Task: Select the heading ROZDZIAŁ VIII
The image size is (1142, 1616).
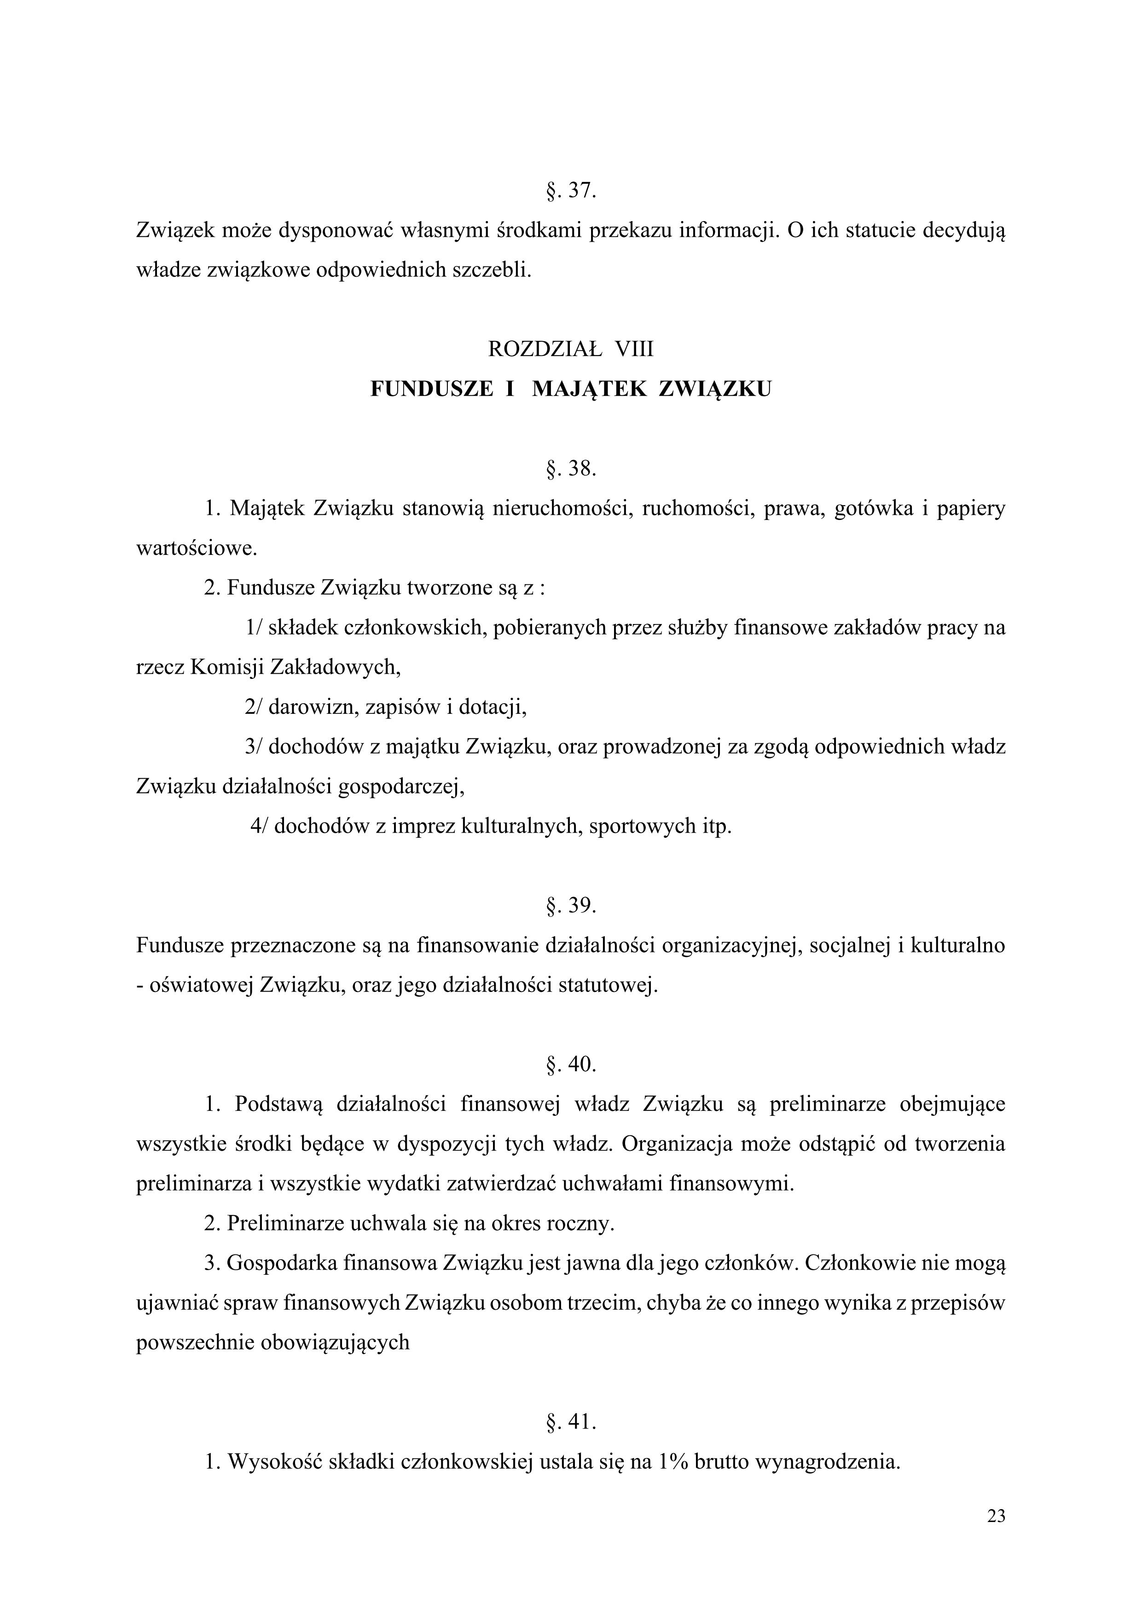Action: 571,349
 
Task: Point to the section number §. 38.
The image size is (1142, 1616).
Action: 571,469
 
